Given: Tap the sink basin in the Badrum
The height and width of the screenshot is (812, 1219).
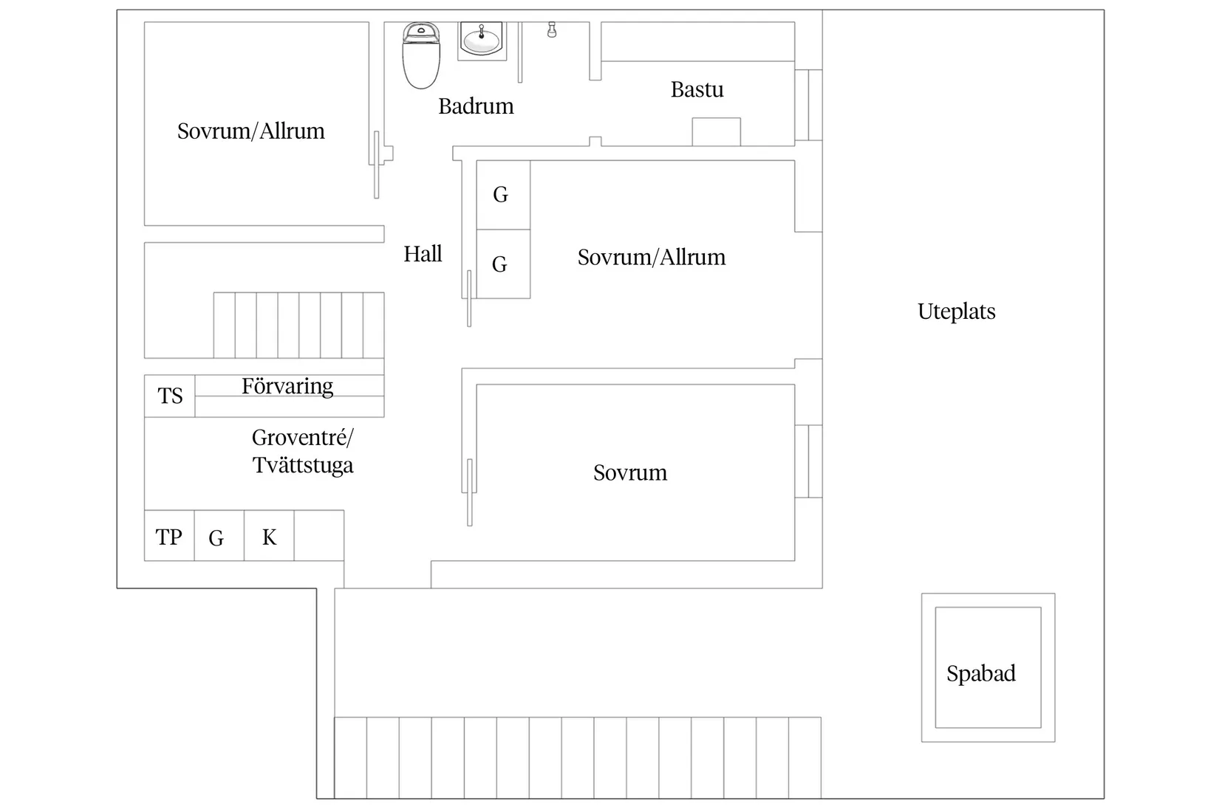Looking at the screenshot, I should click(x=482, y=41).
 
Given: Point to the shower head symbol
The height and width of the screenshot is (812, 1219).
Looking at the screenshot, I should click(x=552, y=30).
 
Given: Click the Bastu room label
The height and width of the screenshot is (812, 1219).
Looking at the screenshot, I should click(x=697, y=90).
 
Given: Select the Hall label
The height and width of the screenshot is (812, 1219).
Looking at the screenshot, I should click(x=423, y=255).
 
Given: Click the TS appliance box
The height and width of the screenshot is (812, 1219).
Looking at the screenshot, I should click(x=170, y=396).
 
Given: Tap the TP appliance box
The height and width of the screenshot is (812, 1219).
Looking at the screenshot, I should click(x=169, y=537).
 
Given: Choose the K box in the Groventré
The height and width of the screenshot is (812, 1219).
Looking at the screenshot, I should click(x=269, y=537).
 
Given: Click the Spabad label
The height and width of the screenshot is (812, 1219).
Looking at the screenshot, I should click(x=981, y=673).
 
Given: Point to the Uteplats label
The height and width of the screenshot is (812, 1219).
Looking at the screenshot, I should click(x=956, y=312).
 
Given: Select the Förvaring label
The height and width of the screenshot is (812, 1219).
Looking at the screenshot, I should click(x=287, y=386).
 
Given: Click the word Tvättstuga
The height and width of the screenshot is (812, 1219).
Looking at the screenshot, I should click(x=303, y=466).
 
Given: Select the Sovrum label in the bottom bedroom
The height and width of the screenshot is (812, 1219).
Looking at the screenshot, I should click(x=630, y=472).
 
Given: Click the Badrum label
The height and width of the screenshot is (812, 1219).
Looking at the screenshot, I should click(x=476, y=106).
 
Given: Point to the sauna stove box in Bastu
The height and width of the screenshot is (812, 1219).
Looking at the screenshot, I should click(x=716, y=132).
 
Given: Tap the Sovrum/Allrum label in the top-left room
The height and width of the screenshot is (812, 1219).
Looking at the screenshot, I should click(x=251, y=131).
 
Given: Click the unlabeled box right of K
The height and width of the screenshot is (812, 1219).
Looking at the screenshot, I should click(x=319, y=536).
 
